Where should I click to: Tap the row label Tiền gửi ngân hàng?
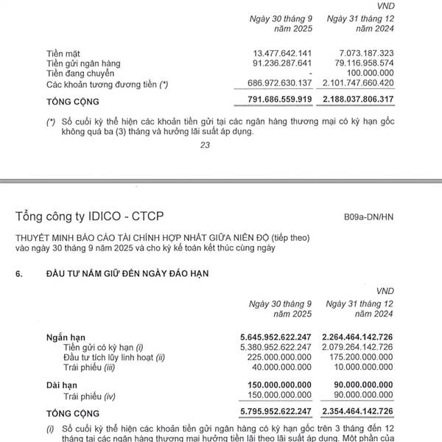(x=83, y=63)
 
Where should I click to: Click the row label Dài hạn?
(x=63, y=385)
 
